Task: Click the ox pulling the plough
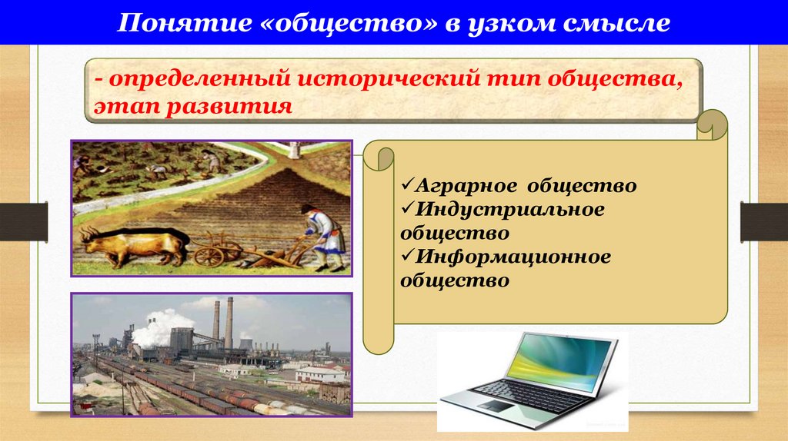click(x=139, y=245)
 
